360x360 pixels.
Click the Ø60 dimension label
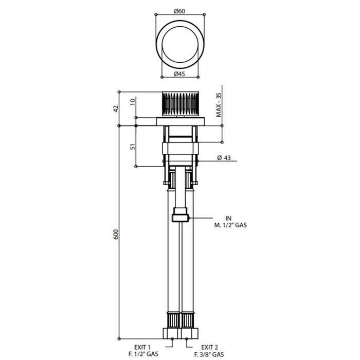coord(179,11)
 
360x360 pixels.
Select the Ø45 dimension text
coord(179,74)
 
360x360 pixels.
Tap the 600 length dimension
coord(116,234)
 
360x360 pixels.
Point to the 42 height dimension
coord(116,109)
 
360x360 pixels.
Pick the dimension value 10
coord(133,102)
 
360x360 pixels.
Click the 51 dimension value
coord(133,147)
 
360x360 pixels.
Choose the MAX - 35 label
coord(219,105)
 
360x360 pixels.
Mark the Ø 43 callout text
coord(224,158)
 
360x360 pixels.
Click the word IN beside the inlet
coord(228,219)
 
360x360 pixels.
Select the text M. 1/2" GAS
coord(230,225)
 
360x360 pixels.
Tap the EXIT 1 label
coord(142,347)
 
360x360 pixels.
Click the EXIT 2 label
coord(210,347)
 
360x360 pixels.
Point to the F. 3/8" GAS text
coord(209,354)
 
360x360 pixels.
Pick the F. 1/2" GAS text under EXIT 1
coord(143,354)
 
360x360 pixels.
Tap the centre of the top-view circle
coord(180,44)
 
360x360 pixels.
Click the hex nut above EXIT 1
coord(172,333)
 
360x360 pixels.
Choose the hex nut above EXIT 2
coord(190,333)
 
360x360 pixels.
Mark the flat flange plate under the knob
coord(181,122)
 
